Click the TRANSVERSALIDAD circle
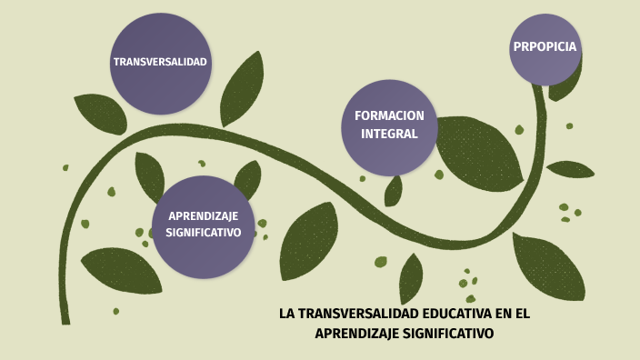160,63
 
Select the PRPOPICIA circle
545,47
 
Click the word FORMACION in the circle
389,115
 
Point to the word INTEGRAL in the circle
389,134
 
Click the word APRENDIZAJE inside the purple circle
203,215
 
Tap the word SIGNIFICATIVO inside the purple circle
203,233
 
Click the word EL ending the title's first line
521,315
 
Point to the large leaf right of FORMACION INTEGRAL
480,151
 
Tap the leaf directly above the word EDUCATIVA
410,276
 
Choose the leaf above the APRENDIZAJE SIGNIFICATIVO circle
149,175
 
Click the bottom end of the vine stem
65,318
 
